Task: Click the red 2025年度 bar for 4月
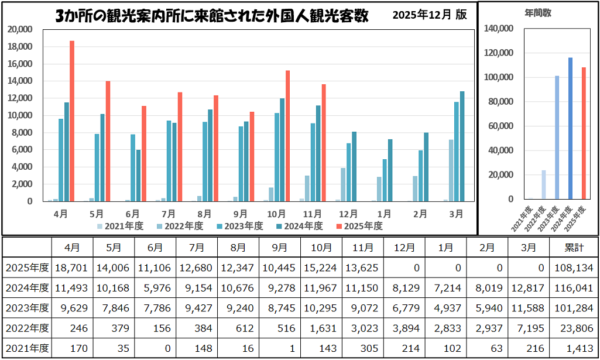click(72, 121)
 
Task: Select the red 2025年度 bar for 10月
click(287, 136)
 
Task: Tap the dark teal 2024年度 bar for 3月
click(462, 146)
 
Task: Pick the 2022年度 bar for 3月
click(450, 170)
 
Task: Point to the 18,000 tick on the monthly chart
click(22, 47)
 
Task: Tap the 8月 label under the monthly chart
click(204, 214)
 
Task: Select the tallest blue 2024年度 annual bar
click(570, 128)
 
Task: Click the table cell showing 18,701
click(72, 268)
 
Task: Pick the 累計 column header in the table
click(573, 248)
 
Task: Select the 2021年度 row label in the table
click(27, 349)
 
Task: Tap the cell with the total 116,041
click(573, 289)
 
